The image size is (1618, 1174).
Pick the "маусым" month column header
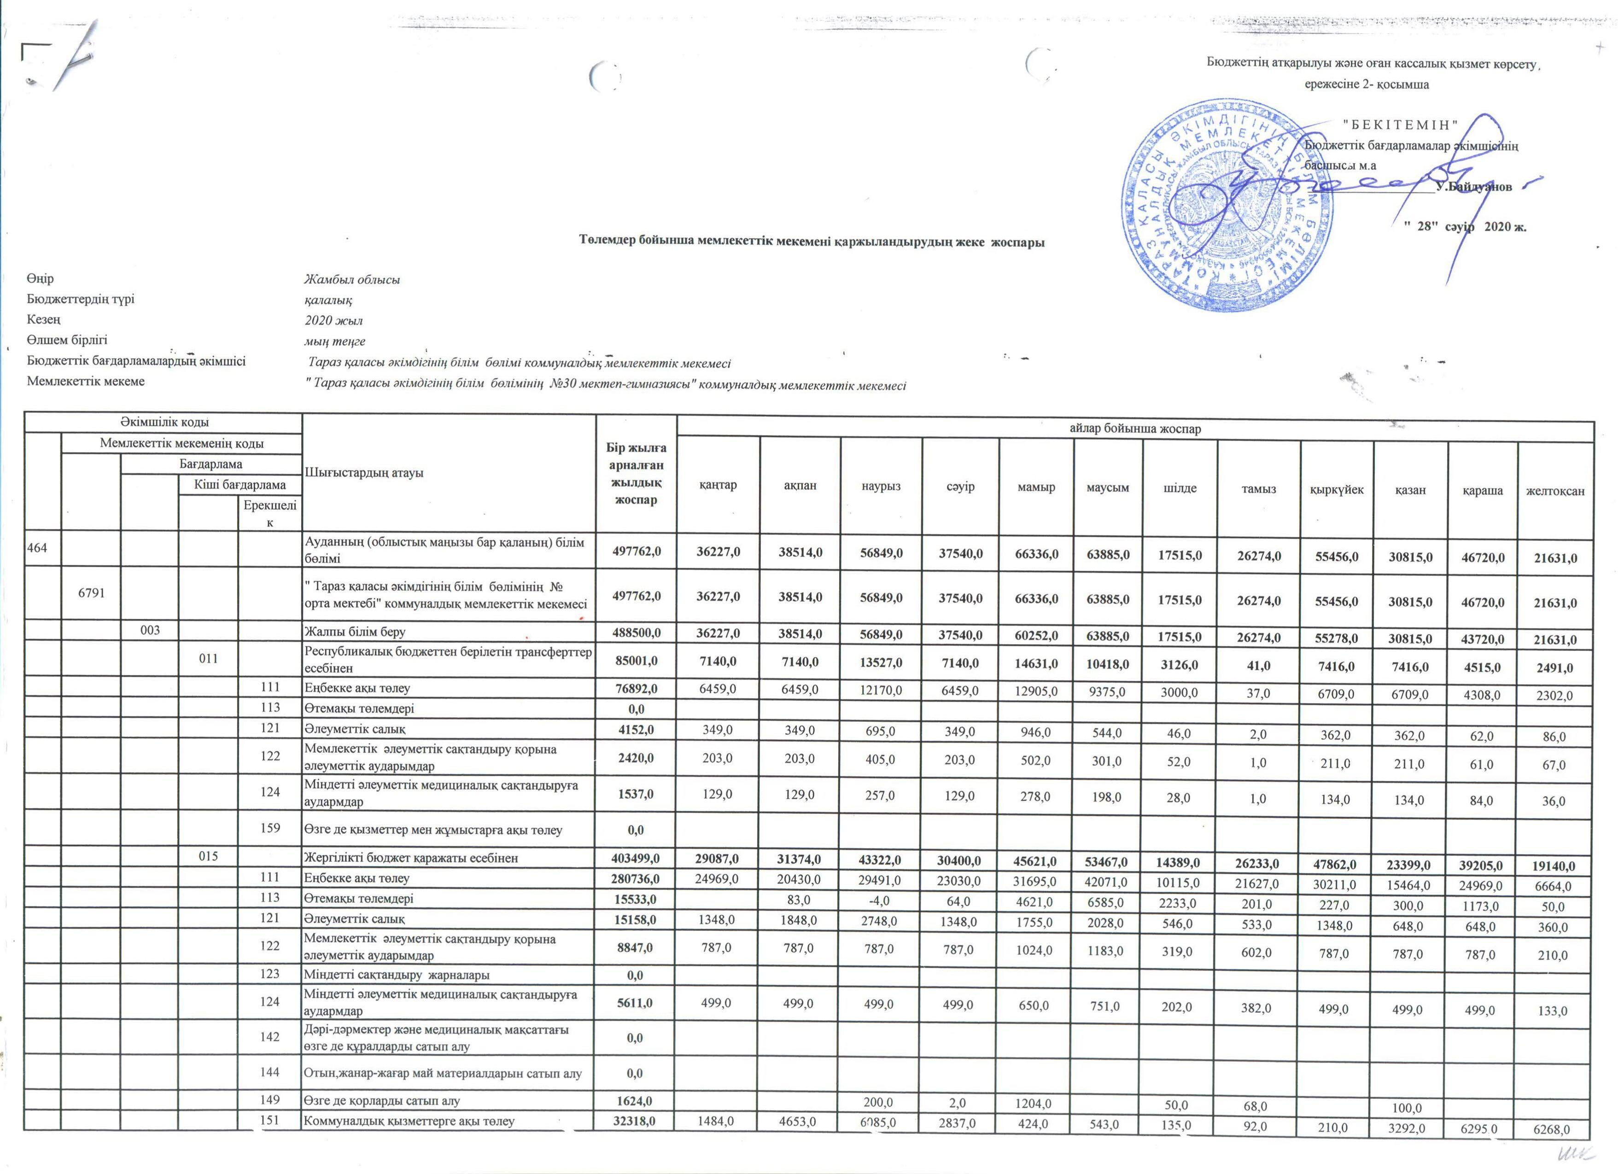pyautogui.click(x=1107, y=488)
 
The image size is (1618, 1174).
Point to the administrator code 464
pyautogui.click(x=37, y=548)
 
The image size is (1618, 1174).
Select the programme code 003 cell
pyautogui.click(x=150, y=631)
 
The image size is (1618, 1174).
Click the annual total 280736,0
pyautogui.click(x=636, y=878)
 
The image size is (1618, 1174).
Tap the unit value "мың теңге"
pyautogui.click(x=334, y=342)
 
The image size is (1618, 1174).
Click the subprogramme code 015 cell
pyautogui.click(x=208, y=857)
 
